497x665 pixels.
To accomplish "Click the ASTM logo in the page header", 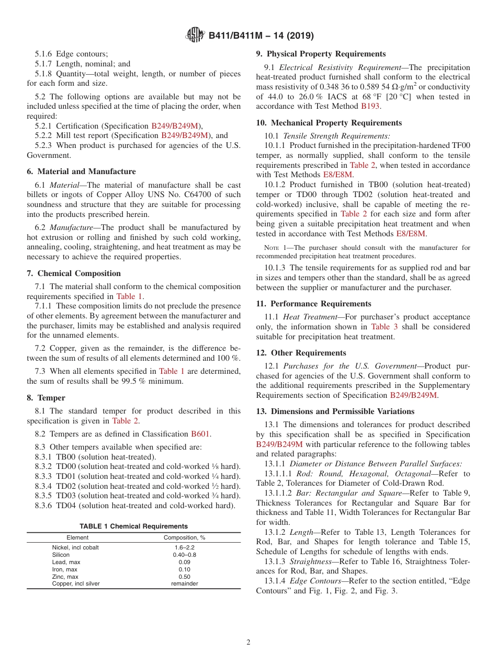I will tap(195, 36).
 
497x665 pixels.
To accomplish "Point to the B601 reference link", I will tap(200, 433).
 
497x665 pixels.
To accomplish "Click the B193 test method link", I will tap(370, 106).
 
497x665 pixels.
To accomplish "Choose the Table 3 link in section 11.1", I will tap(384, 327).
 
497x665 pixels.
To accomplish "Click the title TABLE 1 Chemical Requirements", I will tap(133, 526).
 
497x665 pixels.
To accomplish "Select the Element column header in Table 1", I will tap(77, 537).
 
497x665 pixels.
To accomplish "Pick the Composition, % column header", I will tap(184, 537).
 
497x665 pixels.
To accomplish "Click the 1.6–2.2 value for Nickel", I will tap(184, 547).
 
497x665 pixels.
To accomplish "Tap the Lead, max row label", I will tap(66, 562).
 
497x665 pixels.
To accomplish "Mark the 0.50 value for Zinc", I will tap(184, 577).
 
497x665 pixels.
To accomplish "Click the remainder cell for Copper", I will tap(184, 583).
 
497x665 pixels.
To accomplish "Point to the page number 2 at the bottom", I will tap(249, 643).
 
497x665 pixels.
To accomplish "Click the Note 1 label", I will tap(266, 247).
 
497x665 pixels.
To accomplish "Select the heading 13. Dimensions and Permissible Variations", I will tap(335, 411).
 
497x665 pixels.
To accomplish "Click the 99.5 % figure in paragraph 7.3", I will tap(131, 381).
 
